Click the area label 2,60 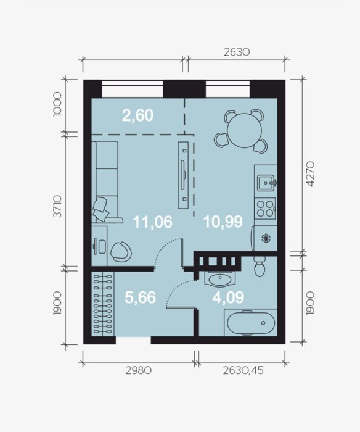coord(137,115)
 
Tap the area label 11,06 coord(153,222)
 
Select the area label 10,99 coord(223,222)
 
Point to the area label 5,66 coord(141,297)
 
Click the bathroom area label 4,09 coord(228,297)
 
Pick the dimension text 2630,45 coord(243,370)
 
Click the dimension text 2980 coord(139,370)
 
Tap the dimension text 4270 coord(310,174)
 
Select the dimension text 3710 coord(57,206)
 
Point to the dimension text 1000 coord(57,104)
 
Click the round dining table coord(244,131)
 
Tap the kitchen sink coord(266,183)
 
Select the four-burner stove coord(265,209)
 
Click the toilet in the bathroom coord(260,267)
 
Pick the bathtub coord(251,323)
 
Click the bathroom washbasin coord(220,279)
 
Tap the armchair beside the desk coord(121,252)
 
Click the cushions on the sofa coord(100,209)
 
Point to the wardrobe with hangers coord(102,304)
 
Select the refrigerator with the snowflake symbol coord(264,238)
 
